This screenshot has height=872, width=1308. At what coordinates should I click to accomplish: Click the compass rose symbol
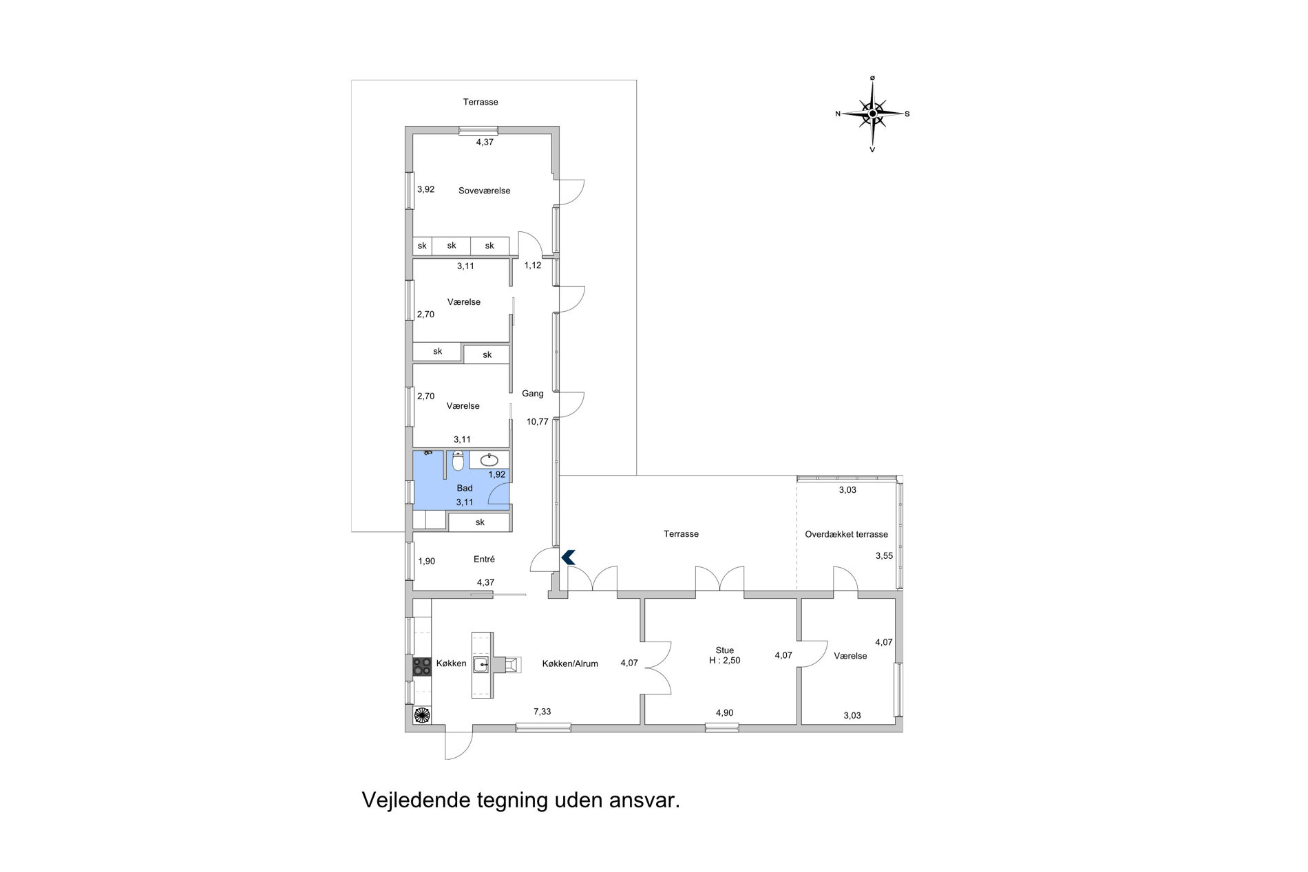[x=872, y=114]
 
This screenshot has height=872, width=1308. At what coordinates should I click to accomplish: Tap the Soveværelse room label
[x=485, y=191]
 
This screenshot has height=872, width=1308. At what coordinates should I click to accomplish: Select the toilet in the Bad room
[x=458, y=460]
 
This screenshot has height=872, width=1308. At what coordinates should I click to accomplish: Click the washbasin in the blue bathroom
[x=489, y=460]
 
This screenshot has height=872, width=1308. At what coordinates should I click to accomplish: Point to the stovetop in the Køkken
[x=421, y=666]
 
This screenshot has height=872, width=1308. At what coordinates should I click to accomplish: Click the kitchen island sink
[x=481, y=665]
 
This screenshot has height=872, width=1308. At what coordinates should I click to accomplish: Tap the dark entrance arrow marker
[x=568, y=557]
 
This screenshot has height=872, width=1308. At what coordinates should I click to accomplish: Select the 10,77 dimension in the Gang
[x=538, y=422]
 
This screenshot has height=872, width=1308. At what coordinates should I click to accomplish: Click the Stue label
[x=725, y=650]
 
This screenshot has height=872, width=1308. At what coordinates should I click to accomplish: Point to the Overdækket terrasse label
[x=847, y=534]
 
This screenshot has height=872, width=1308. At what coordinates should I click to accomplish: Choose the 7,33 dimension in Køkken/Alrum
[x=542, y=712]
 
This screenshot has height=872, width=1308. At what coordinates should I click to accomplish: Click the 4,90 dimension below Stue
[x=724, y=713]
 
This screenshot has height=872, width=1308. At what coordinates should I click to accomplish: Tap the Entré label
[x=484, y=560]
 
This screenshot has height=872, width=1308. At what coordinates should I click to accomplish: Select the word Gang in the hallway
[x=533, y=394]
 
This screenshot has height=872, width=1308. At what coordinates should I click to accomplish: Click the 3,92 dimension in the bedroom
[x=426, y=189]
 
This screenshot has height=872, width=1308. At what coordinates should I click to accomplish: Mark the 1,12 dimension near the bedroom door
[x=533, y=265]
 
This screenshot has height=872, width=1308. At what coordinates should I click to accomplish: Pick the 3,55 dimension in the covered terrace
[x=884, y=556]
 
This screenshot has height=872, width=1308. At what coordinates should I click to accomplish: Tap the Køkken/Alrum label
[x=570, y=664]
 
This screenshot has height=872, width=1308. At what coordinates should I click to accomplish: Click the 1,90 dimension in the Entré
[x=427, y=561]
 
